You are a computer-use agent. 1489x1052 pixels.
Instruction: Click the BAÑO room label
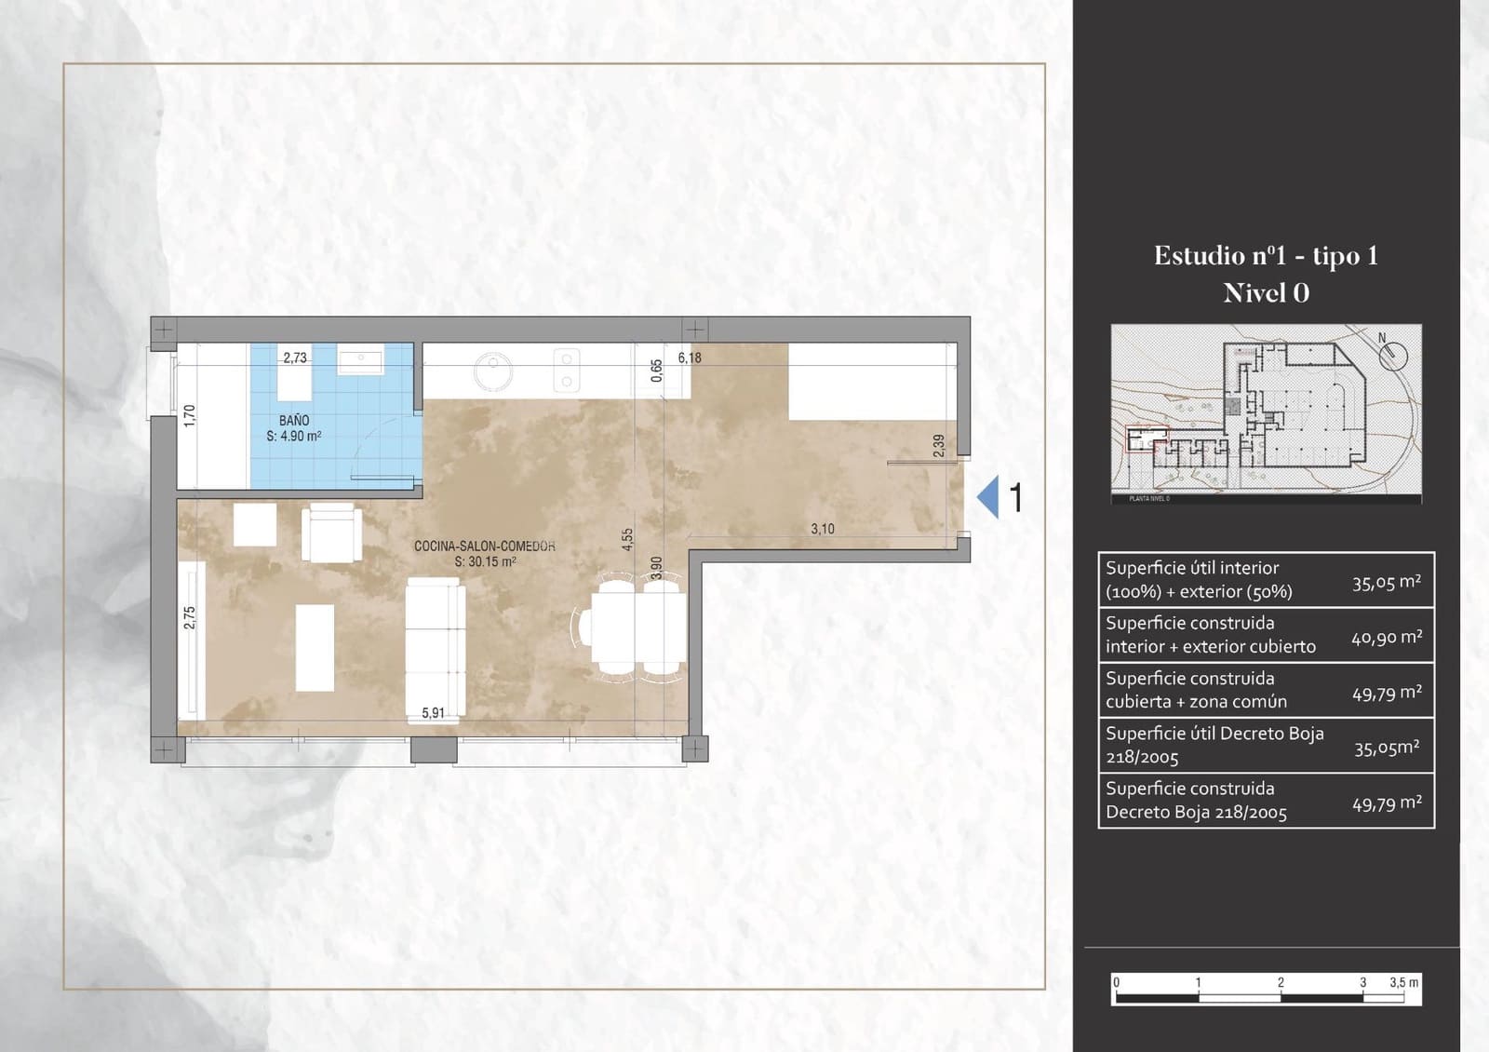click(x=294, y=421)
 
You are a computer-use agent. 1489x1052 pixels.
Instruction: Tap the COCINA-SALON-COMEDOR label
click(x=484, y=546)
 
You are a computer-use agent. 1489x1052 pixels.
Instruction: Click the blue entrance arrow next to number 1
click(x=988, y=496)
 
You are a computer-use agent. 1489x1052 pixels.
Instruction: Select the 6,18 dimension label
click(x=690, y=357)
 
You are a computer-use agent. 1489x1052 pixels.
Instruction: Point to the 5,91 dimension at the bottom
click(x=433, y=713)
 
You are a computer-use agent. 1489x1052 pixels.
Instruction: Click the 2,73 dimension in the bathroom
click(x=295, y=357)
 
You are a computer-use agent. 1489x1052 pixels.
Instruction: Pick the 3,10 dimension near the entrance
click(x=823, y=529)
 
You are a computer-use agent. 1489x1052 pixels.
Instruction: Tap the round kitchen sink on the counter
click(x=492, y=371)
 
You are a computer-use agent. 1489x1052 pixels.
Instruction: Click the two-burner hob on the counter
click(x=565, y=370)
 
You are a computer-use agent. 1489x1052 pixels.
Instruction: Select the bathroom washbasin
click(x=360, y=361)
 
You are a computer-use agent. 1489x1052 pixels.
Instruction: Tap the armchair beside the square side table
click(x=331, y=532)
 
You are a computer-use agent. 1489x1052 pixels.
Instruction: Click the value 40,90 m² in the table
click(x=1386, y=638)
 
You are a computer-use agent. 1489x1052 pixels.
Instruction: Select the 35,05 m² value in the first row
click(x=1386, y=583)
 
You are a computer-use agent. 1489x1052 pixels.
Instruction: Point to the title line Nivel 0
click(x=1266, y=293)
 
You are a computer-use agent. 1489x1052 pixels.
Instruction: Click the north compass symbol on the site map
click(x=1392, y=353)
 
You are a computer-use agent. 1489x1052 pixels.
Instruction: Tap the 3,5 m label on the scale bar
click(x=1403, y=982)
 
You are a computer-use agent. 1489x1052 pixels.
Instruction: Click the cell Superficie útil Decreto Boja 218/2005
click(x=1214, y=745)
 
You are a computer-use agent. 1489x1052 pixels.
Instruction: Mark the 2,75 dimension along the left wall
click(x=190, y=617)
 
